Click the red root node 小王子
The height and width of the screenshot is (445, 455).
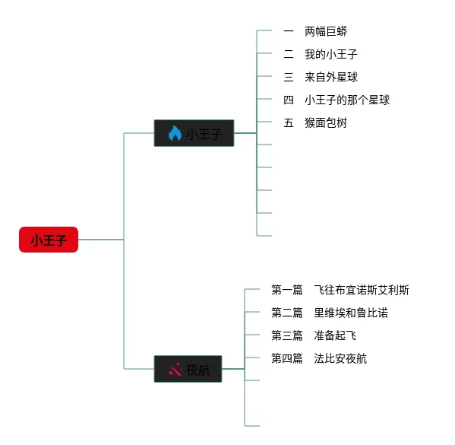pyautogui.click(x=49, y=240)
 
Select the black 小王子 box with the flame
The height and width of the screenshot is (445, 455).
pyautogui.click(x=194, y=133)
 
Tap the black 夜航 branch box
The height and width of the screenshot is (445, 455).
pyautogui.click(x=188, y=369)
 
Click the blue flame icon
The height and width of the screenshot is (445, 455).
pyautogui.click(x=175, y=133)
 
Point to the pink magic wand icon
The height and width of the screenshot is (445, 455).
pyautogui.click(x=175, y=369)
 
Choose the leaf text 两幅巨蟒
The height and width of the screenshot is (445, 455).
pyautogui.click(x=326, y=31)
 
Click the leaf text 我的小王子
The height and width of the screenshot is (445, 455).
pyautogui.click(x=330, y=54)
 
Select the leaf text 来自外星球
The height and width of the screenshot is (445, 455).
pyautogui.click(x=330, y=77)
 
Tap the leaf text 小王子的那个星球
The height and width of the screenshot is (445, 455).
pyautogui.click(x=347, y=100)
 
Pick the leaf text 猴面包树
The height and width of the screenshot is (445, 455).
pyautogui.click(x=326, y=122)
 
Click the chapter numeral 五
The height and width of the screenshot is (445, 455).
pyautogui.click(x=289, y=122)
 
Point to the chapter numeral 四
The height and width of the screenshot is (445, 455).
pyautogui.click(x=289, y=100)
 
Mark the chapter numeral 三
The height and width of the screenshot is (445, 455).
pyautogui.click(x=289, y=77)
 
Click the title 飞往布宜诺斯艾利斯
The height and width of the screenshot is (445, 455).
pyautogui.click(x=362, y=290)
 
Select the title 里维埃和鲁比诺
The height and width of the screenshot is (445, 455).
pyautogui.click(x=351, y=313)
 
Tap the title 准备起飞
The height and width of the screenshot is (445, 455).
pyautogui.click(x=335, y=335)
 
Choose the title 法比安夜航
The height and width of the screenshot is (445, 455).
pyautogui.click(x=340, y=358)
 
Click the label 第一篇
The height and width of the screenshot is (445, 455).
pyautogui.click(x=286, y=290)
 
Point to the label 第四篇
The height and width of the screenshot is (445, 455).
pyautogui.click(x=286, y=358)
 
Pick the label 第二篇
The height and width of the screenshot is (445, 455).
pyautogui.click(x=286, y=313)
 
